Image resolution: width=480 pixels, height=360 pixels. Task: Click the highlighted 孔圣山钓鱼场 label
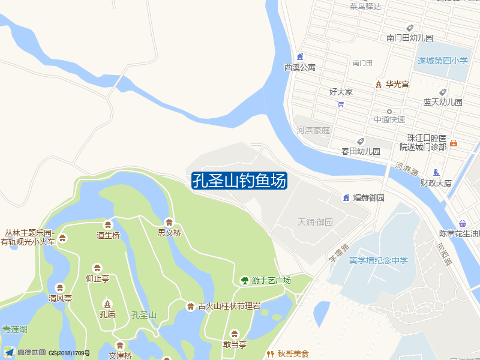coord(239,181)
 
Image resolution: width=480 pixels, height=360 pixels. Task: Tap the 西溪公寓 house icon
coord(300,57)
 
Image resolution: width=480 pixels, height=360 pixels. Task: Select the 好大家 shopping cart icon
coord(341,104)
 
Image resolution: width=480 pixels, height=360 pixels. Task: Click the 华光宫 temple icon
coord(378,85)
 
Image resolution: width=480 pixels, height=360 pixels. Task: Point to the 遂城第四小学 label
coord(443,61)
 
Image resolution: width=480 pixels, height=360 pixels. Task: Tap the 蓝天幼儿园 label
coord(443,102)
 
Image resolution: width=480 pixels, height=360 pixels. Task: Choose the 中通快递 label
coord(389,119)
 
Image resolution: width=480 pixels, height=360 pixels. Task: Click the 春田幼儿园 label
coord(361,151)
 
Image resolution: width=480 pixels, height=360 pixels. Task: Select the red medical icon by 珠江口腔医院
coord(454,143)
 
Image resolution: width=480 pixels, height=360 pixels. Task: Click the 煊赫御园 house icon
coord(346,198)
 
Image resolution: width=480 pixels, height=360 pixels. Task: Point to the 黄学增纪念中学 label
coord(379,260)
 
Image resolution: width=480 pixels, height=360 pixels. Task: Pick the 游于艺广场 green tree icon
coord(244,280)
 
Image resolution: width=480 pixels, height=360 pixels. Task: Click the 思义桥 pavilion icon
coord(169,222)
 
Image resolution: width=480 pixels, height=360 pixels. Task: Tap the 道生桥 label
coord(108,235)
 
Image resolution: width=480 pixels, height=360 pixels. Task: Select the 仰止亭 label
coord(97,278)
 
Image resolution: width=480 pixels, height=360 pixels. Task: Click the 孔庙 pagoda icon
coord(107,303)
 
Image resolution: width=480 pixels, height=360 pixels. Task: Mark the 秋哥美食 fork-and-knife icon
coord(270,354)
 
